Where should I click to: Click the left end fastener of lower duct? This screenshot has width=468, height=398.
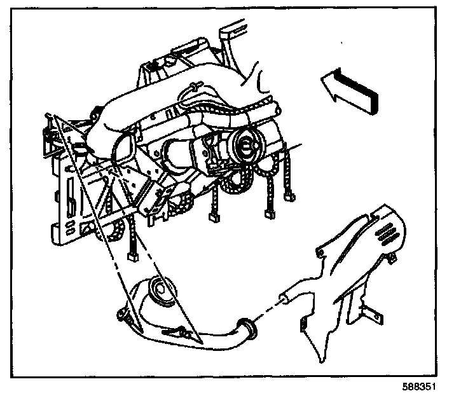click(118, 313)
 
